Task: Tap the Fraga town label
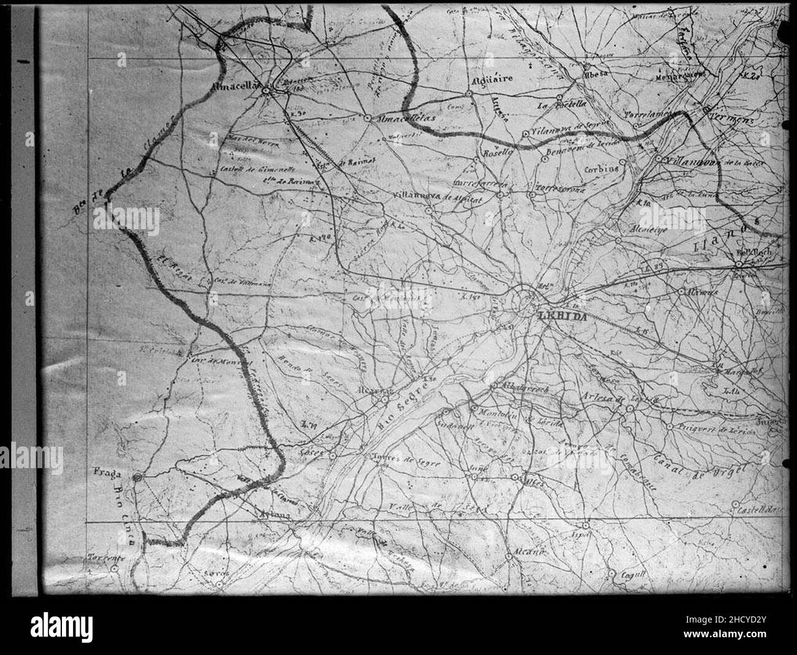(x=107, y=472)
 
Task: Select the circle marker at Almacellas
(x=266, y=91)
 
